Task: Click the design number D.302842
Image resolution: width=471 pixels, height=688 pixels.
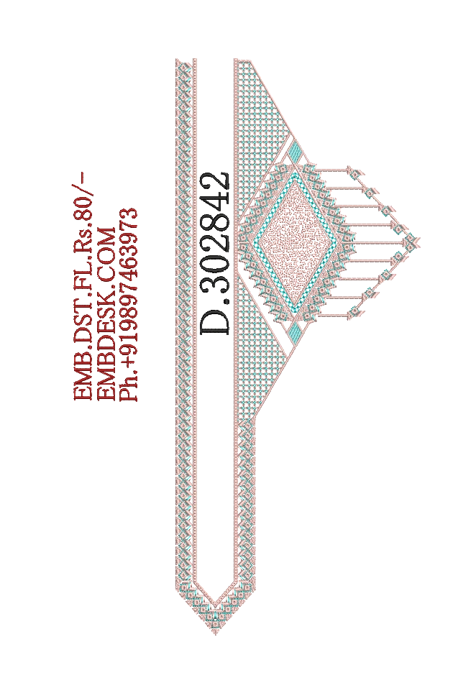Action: pyautogui.click(x=215, y=253)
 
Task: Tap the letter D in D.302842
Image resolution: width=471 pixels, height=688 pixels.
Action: pyautogui.click(x=215, y=321)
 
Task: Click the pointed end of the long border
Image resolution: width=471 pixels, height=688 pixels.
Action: pyautogui.click(x=215, y=633)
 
